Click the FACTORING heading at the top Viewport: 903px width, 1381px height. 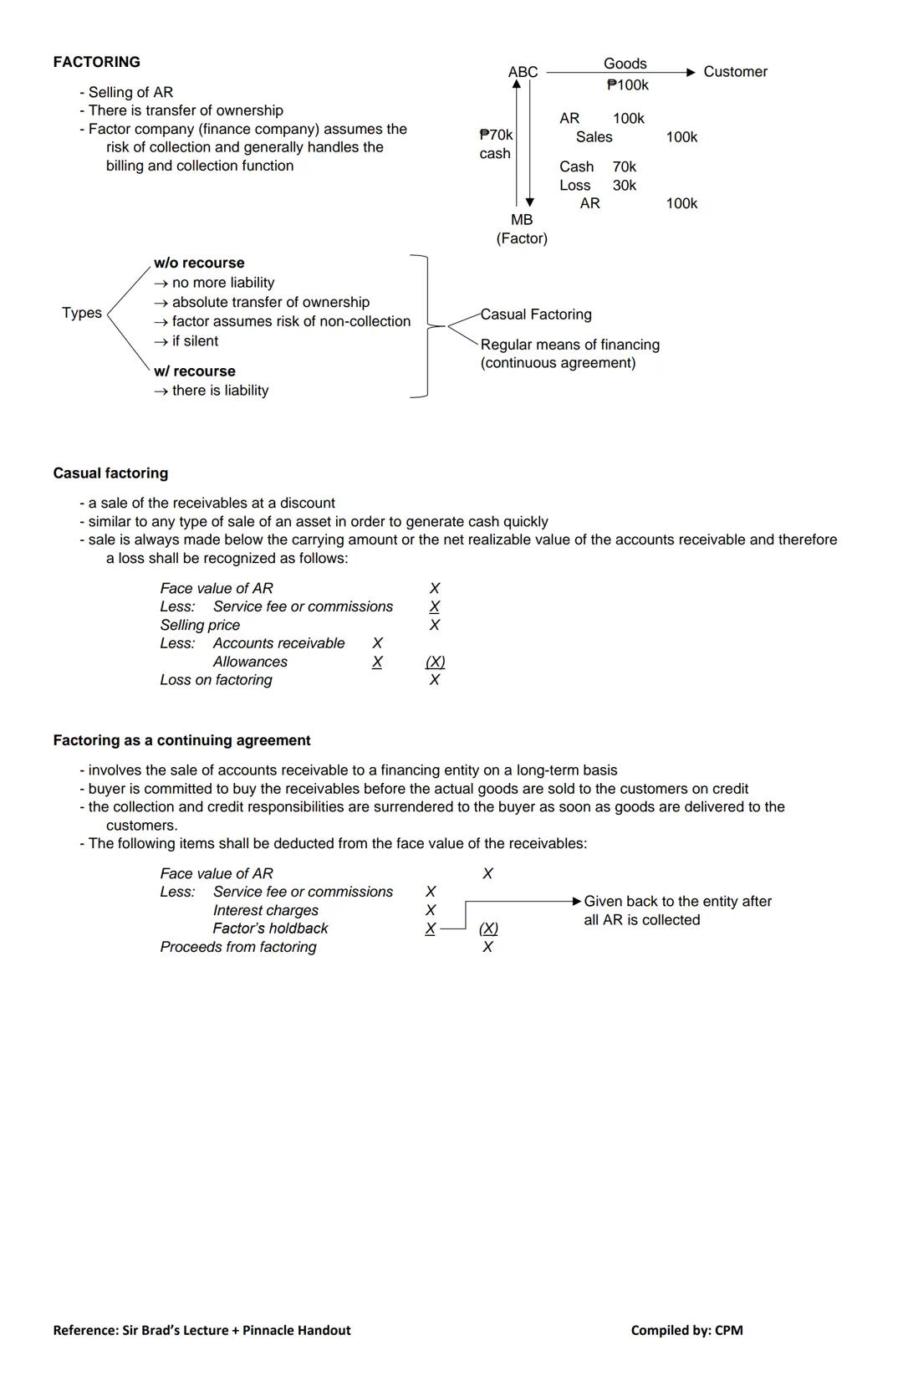[96, 62]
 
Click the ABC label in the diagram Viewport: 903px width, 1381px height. [523, 72]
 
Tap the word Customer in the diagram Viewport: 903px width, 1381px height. [735, 72]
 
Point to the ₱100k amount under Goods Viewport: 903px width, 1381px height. [627, 84]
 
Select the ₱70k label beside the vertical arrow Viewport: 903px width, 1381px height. [496, 135]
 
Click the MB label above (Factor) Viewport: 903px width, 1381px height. [522, 219]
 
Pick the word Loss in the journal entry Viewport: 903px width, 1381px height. [574, 185]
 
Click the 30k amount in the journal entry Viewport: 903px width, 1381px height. [624, 185]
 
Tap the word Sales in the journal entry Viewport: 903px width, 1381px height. [594, 136]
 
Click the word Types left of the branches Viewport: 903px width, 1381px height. [82, 313]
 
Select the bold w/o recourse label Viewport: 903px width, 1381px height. [199, 263]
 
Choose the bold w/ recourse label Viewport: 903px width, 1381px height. [195, 371]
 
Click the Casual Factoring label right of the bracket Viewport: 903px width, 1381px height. [536, 315]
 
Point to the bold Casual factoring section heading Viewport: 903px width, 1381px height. [110, 473]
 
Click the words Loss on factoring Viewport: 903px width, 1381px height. [216, 680]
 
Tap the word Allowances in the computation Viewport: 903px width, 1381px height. [250, 662]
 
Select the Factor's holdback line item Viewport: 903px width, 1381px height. [270, 928]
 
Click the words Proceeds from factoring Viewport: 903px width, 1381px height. [238, 947]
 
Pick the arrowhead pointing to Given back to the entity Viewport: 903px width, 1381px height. [577, 901]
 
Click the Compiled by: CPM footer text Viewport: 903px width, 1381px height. [686, 1330]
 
